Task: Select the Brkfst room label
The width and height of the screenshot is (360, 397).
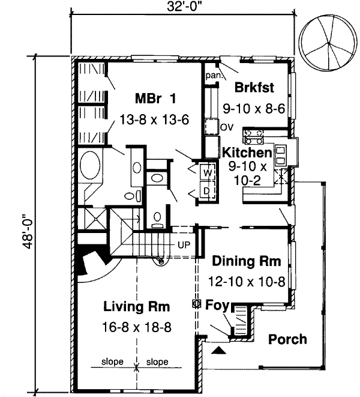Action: (x=254, y=88)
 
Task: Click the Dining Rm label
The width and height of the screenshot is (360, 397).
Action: (x=247, y=261)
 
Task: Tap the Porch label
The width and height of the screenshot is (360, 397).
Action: (x=287, y=339)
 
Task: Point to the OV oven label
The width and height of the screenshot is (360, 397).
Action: (x=226, y=127)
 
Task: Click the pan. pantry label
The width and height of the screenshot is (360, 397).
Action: (x=214, y=76)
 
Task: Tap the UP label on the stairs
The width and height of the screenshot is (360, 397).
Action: (x=184, y=245)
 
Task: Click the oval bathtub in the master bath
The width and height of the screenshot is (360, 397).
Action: (x=91, y=166)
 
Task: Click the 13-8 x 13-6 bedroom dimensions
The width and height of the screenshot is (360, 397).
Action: (x=155, y=119)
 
